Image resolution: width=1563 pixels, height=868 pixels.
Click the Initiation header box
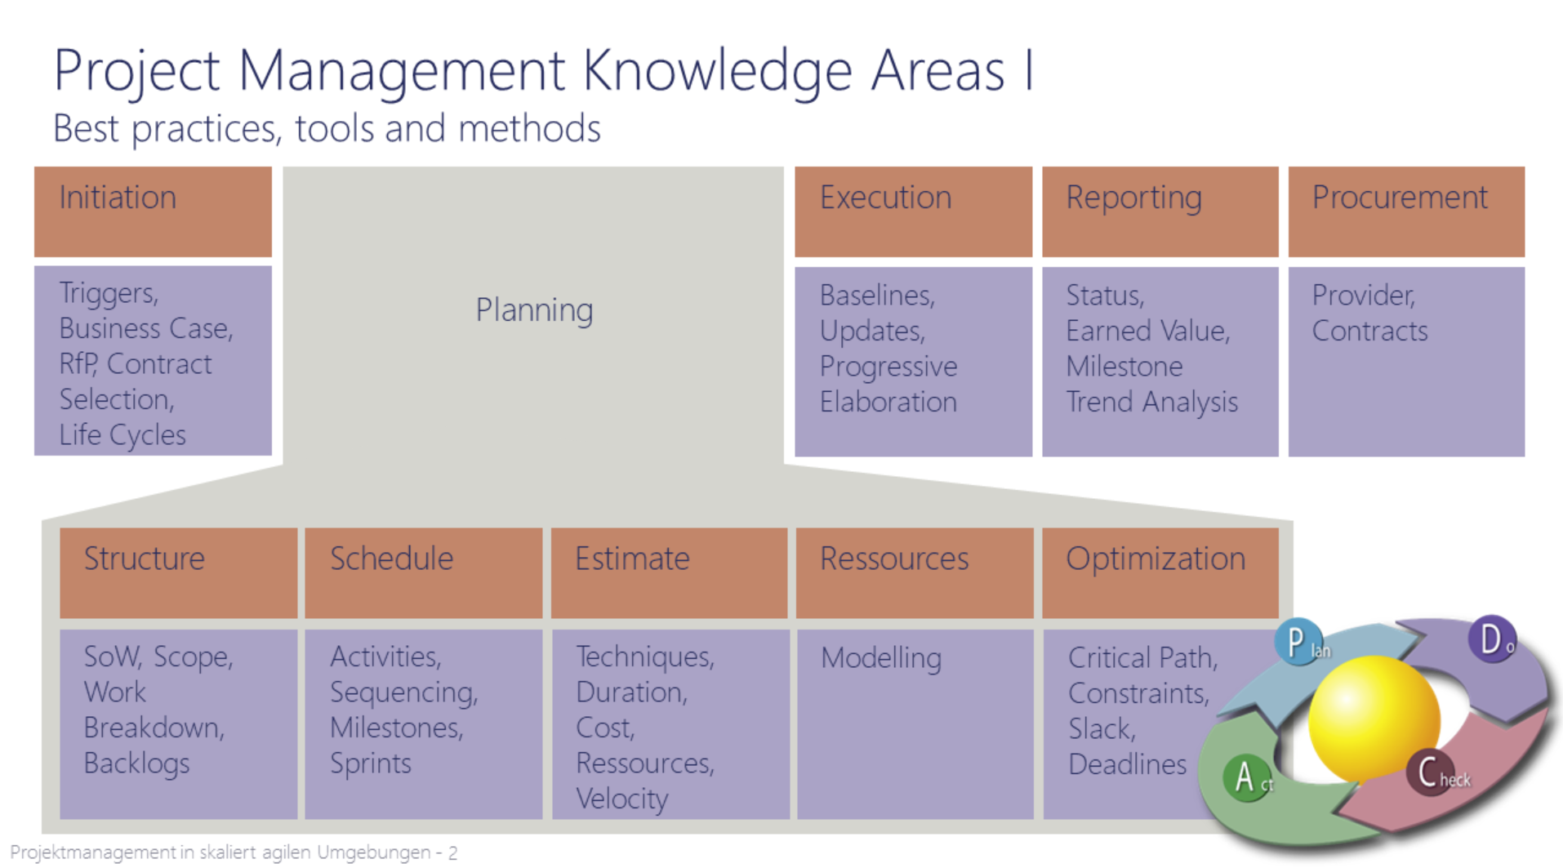pos(153,211)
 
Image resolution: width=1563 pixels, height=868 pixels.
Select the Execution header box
pos(913,211)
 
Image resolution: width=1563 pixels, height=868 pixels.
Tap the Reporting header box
pos(1160,211)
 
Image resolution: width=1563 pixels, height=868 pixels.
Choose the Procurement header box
pos(1406,211)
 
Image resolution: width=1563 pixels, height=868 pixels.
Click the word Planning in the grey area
pos(535,311)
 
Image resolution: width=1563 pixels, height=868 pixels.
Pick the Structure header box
pos(178,572)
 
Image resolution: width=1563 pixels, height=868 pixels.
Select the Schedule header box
pos(423,572)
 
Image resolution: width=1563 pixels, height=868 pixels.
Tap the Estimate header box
pos(669,572)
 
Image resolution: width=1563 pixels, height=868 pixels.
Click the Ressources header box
pos(915,572)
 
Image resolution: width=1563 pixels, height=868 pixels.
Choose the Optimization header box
pos(1160,572)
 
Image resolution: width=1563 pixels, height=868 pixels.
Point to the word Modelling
pos(881,658)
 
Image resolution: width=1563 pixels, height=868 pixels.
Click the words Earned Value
pos(1147,331)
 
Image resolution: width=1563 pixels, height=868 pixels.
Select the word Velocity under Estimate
pos(622,799)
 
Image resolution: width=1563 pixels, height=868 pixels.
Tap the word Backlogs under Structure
pos(136,763)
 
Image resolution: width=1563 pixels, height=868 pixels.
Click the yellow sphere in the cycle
pos(1374,719)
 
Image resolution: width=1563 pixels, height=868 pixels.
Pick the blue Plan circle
pos(1298,642)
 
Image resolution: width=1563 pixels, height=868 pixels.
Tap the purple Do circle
pos(1492,639)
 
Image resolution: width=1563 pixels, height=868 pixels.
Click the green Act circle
pos(1246,777)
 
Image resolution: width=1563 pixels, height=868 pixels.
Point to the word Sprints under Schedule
pos(371,763)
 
